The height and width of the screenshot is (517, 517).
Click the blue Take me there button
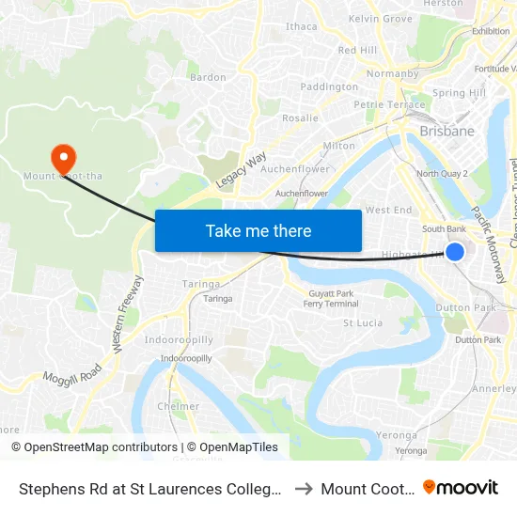tap(258, 230)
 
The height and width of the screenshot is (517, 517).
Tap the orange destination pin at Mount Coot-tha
tap(63, 156)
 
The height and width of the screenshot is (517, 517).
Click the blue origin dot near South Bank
tap(455, 251)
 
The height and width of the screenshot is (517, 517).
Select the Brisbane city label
tap(446, 131)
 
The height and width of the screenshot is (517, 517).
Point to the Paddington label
tap(329, 86)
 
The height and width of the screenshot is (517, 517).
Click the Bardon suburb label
tap(208, 77)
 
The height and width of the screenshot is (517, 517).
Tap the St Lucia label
tap(362, 322)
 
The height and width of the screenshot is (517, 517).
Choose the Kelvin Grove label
tap(380, 19)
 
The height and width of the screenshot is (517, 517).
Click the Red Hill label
tap(357, 50)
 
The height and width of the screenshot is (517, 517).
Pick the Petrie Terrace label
tap(389, 104)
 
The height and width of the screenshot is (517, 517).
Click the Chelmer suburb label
tap(179, 406)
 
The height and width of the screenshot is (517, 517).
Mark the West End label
tap(388, 210)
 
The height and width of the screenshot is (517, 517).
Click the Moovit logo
tap(461, 488)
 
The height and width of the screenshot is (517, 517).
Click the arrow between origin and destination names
tap(303, 489)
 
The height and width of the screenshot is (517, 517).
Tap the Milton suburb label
tap(339, 146)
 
